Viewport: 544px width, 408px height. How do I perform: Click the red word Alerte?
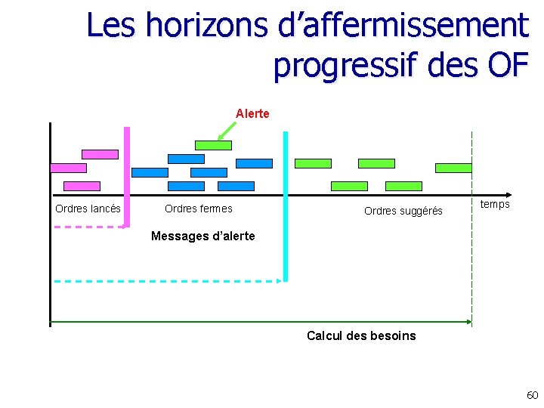252,114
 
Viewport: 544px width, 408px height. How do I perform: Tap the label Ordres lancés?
88,209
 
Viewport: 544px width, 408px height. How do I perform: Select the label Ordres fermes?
199,209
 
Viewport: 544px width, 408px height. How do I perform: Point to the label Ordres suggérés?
403,211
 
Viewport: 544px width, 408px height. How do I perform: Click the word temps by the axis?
495,204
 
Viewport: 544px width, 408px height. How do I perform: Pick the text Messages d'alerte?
203,236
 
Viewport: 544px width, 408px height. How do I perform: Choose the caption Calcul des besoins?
361,335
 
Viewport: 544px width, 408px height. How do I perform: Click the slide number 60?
532,395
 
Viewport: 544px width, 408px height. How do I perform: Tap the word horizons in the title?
206,26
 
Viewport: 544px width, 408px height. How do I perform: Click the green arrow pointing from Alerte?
225,131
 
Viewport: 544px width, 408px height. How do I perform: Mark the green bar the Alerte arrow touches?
213,145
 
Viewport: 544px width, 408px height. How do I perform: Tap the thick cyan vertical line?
286,204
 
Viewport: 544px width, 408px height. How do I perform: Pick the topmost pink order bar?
100,154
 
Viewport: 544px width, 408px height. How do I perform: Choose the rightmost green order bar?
453,168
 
